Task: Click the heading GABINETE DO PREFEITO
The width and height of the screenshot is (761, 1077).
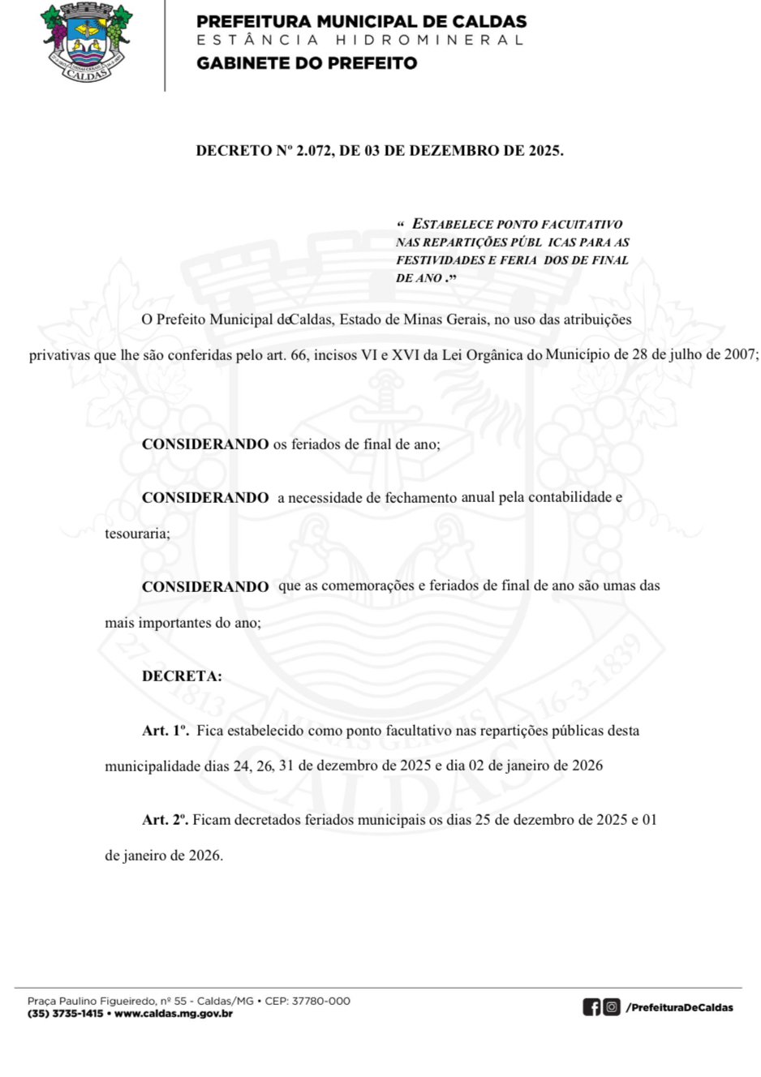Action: click(307, 63)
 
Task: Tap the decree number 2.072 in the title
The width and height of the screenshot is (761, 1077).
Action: click(315, 151)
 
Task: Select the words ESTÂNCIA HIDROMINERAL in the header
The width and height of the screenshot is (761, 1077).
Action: click(360, 40)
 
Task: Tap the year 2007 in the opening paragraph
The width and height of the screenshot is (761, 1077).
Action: click(740, 354)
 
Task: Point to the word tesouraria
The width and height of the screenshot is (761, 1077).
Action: click(137, 534)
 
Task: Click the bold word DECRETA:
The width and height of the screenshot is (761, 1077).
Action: click(182, 676)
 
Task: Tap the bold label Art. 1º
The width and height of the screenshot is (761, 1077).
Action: click(166, 731)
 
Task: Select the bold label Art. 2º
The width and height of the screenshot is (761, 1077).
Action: click(166, 820)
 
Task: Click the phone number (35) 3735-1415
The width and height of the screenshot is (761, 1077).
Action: click(65, 1014)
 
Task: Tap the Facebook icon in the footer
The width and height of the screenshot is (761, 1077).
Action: click(591, 1007)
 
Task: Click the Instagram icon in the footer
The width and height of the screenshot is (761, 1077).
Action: click(612, 1007)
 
